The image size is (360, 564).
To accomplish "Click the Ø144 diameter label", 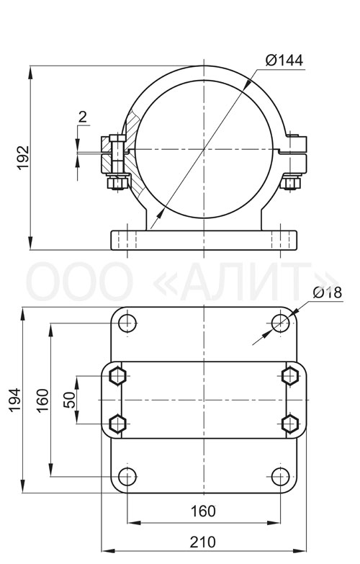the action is point(284,60).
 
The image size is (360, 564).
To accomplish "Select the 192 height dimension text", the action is point(23,158).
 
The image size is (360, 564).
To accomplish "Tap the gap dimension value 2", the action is point(83,117).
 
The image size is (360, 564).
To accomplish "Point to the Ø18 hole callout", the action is point(328,292).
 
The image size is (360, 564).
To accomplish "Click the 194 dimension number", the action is point(15,400).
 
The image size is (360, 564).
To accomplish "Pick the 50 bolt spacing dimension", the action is point(70,400).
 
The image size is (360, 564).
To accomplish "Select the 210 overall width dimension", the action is point(203,542).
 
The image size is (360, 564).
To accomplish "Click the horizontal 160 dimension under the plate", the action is point(203,511).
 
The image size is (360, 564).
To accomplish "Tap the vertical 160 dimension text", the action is point(42,400).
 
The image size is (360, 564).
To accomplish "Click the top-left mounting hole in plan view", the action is point(127,323).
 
